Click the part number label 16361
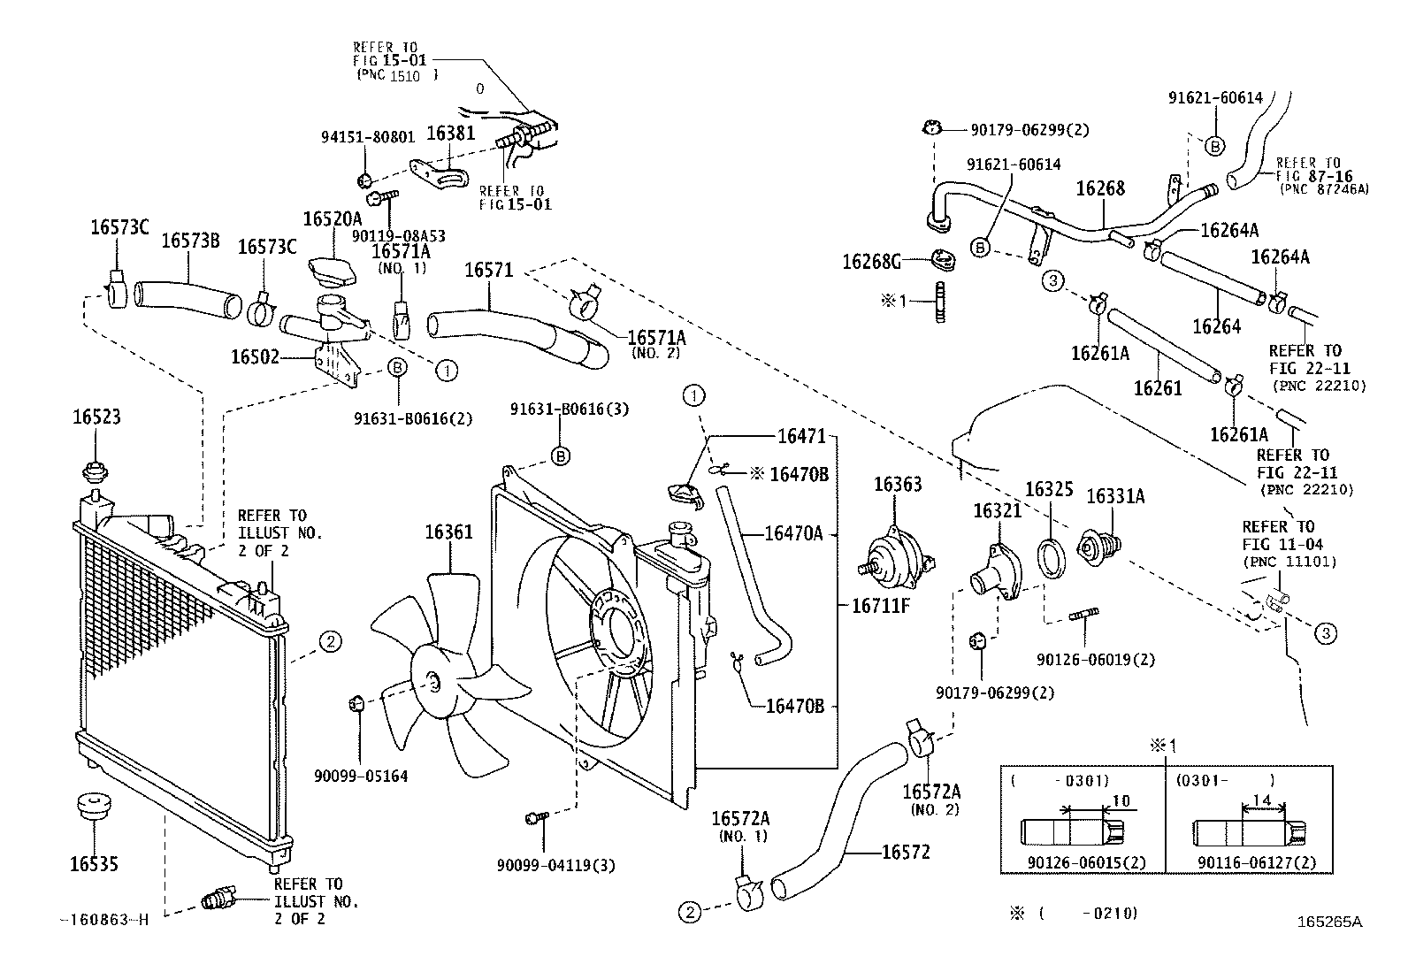tap(448, 532)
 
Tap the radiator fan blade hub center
tap(432, 682)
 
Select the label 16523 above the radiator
tap(96, 417)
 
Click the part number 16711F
tap(881, 606)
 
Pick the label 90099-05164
tap(361, 776)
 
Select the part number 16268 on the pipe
tap(1100, 188)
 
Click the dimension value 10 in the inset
tap(1120, 801)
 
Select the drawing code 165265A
tap(1329, 921)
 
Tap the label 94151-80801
tap(367, 137)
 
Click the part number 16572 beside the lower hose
tap(906, 852)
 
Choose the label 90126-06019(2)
tap(1096, 659)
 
